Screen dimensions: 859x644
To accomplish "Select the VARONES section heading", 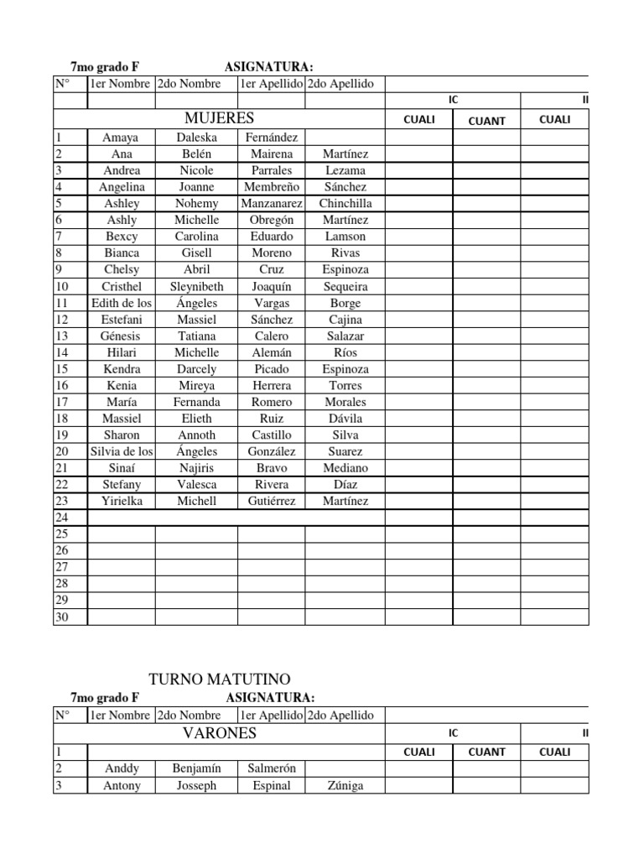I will (220, 734).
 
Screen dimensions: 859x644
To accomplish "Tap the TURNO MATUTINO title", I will (220, 678).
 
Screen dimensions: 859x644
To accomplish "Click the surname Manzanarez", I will (272, 204).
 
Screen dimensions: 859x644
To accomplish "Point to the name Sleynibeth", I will (197, 286).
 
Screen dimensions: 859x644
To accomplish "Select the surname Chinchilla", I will (345, 204).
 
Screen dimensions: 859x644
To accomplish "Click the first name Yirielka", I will (122, 501).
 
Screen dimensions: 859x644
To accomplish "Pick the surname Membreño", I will (272, 187).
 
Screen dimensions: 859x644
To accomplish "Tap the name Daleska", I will (197, 138).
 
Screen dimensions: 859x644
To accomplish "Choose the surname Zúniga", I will (345, 786).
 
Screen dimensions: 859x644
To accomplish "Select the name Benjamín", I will (196, 768).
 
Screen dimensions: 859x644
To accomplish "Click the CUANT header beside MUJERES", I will (487, 121).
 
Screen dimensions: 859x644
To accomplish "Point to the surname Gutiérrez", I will (272, 501).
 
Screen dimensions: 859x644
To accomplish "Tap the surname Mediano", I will (345, 468).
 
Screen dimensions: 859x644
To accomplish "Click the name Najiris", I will (197, 468).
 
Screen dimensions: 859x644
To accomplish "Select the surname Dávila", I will (345, 419).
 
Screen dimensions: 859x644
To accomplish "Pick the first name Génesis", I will (122, 336).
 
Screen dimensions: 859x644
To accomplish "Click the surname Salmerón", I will (272, 768).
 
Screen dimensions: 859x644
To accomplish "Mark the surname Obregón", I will (272, 220).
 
